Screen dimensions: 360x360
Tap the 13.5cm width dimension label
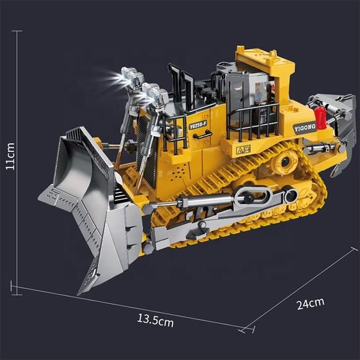pyautogui.click(x=154, y=321)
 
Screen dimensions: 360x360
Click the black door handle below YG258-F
pyautogui.click(x=196, y=134)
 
